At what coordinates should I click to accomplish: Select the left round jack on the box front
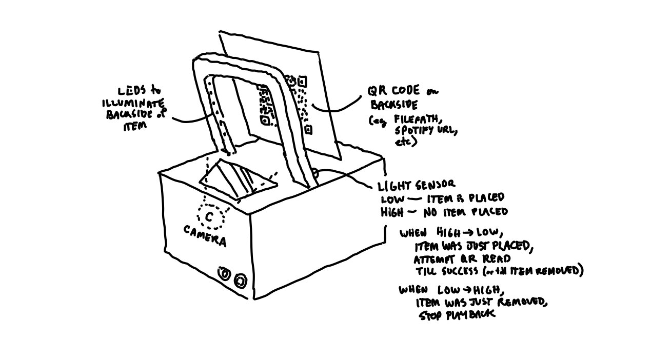(225, 274)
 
